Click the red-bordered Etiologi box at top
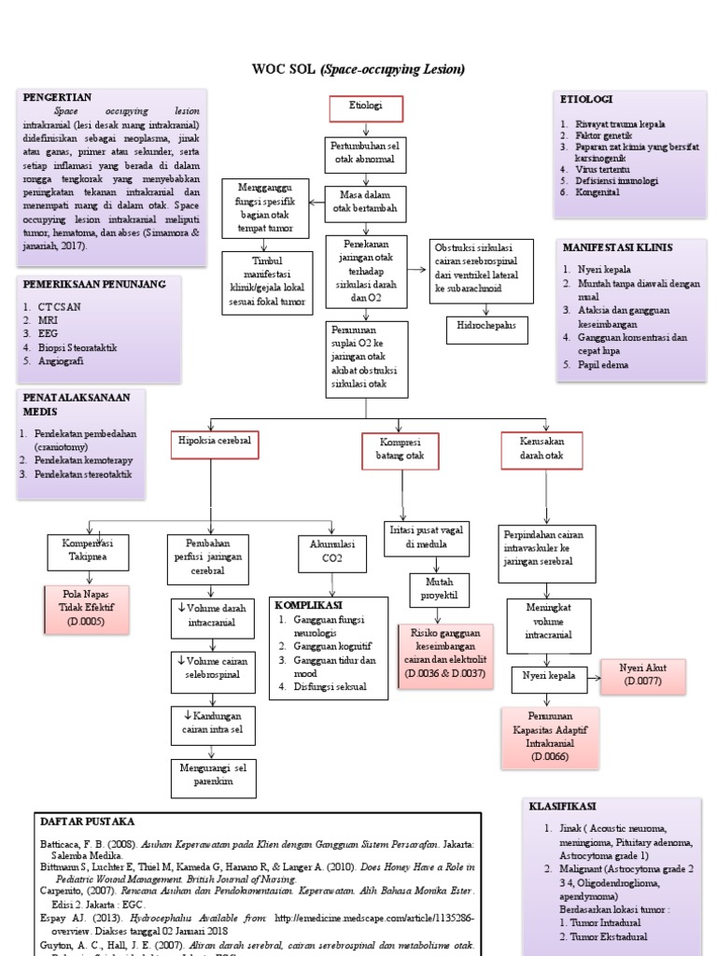[x=365, y=108]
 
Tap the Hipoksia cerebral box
[x=215, y=444]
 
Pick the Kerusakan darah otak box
[x=541, y=448]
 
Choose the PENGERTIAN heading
[x=57, y=96]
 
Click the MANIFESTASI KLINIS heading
[x=616, y=247]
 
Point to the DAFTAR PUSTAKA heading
[x=89, y=822]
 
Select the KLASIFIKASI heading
[x=565, y=806]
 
